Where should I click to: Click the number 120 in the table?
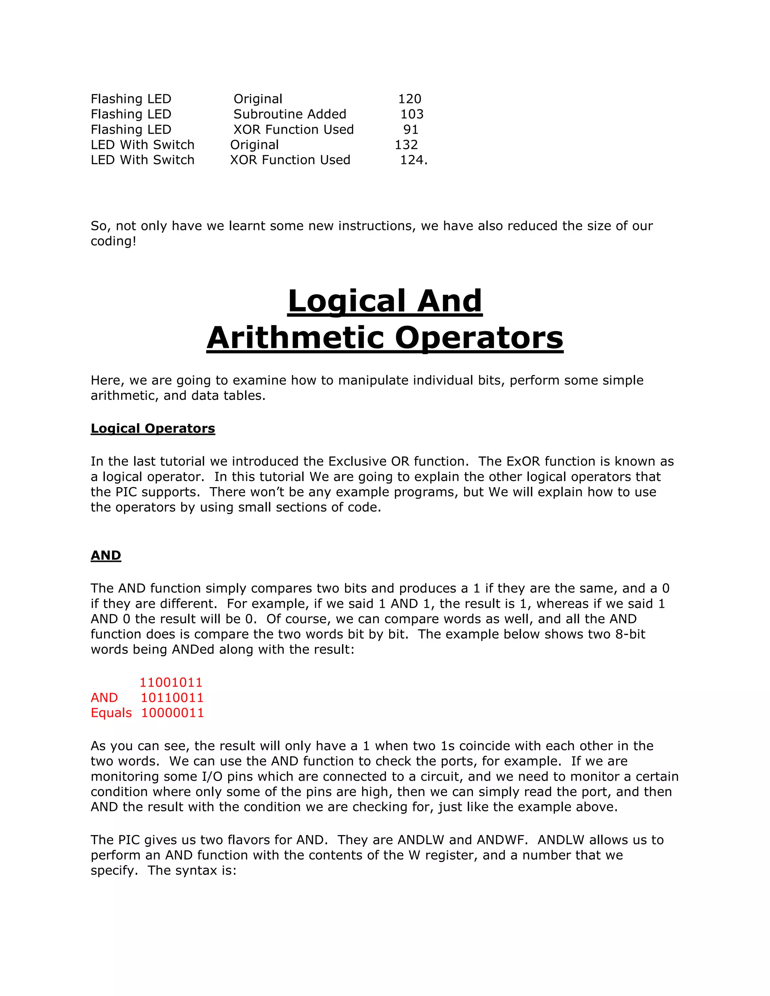click(410, 99)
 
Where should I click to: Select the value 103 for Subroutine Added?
click(412, 114)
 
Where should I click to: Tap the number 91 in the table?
click(411, 130)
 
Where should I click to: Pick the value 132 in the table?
click(406, 145)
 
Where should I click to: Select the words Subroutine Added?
click(290, 114)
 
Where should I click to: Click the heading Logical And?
click(385, 301)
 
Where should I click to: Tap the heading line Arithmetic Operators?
click(385, 338)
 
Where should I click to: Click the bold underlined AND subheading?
click(106, 556)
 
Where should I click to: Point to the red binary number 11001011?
click(171, 683)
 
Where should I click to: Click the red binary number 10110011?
click(172, 698)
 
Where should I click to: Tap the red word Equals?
click(111, 713)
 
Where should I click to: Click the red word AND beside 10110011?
click(105, 698)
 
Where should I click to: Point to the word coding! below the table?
click(114, 241)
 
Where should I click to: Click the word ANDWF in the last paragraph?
click(502, 840)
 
